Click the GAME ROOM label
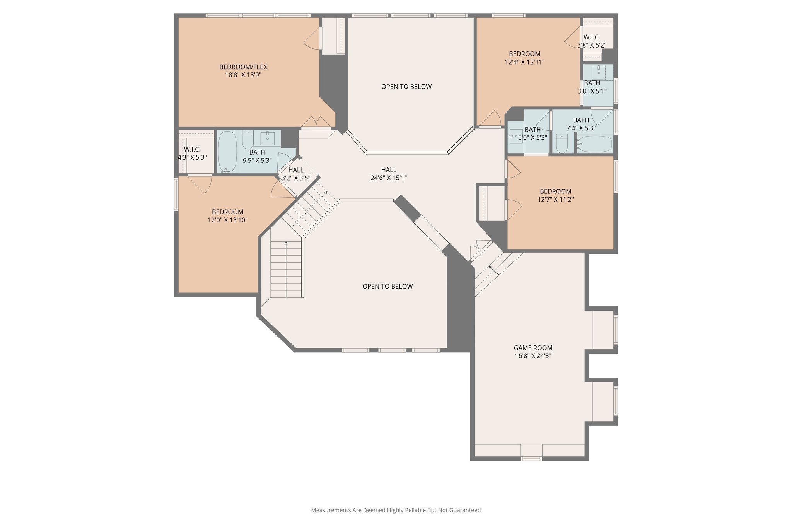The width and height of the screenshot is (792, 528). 533,348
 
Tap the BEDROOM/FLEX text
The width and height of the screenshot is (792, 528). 243,67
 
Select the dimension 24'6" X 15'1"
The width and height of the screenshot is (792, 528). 388,178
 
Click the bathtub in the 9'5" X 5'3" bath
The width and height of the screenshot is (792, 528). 227,151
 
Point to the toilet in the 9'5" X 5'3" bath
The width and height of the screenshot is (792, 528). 247,140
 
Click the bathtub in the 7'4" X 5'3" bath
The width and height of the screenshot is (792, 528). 594,144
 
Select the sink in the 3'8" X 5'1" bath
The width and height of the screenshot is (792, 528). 599,72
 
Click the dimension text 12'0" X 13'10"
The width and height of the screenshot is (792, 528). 227,220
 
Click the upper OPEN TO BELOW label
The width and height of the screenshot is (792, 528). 406,87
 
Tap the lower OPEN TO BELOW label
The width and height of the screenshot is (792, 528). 387,286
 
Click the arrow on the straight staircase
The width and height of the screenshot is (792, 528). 286,243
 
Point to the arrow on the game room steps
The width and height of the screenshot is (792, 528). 491,267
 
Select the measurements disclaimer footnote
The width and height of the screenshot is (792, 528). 396,510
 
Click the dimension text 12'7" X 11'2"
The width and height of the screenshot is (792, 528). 555,200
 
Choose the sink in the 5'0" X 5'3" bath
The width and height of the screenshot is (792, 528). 516,137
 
